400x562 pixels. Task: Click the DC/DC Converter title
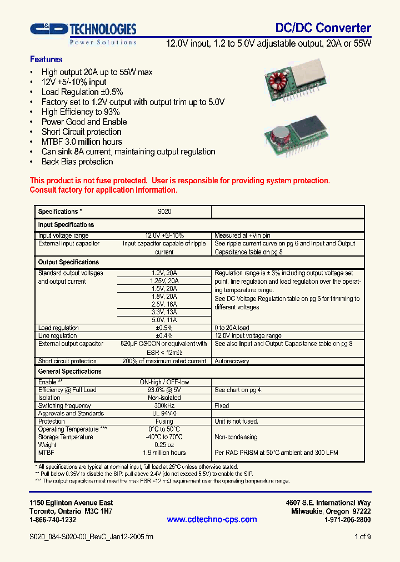[323, 28]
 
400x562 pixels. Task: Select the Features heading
[46, 59]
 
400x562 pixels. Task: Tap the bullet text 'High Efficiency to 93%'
[81, 112]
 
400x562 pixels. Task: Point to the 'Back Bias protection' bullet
[77, 162]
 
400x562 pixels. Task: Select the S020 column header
[164, 212]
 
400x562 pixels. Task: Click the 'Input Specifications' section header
[66, 225]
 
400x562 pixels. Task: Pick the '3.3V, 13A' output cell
[164, 313]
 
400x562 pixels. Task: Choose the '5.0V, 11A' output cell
[164, 320]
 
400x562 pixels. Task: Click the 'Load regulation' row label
[58, 328]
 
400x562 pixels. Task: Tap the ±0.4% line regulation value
[164, 336]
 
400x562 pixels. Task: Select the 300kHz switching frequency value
[164, 406]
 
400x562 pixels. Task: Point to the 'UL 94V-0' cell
[164, 414]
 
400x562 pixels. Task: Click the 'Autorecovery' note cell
[232, 361]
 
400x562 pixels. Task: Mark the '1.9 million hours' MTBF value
[164, 453]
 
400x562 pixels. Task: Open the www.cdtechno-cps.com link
[212, 519]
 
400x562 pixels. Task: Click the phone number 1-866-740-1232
[53, 520]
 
